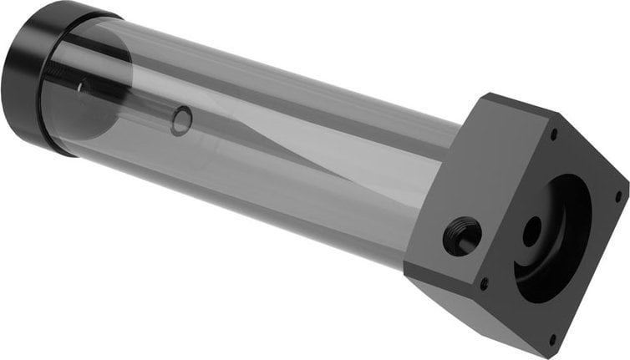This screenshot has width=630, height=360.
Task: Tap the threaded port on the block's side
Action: point(462,236)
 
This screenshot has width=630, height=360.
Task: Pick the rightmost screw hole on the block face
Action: point(617,197)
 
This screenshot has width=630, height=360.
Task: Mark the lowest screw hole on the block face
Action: point(552,338)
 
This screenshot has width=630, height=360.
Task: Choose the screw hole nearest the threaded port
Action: point(484,283)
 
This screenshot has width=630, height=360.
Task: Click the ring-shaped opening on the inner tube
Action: point(181,122)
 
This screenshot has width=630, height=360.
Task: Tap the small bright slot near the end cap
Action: point(81,84)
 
